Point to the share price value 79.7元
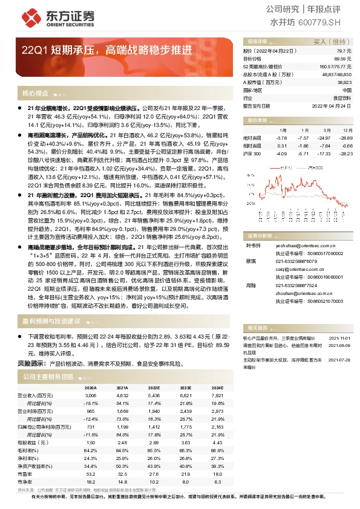[345, 51]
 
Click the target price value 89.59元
[344, 59]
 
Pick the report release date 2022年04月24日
[332, 105]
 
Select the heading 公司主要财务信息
[48, 377]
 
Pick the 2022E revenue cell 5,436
[154, 395]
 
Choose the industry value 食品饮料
[342, 97]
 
